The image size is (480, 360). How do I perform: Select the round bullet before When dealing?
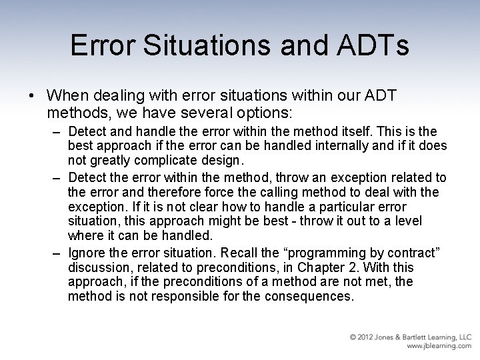coord(33,96)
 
